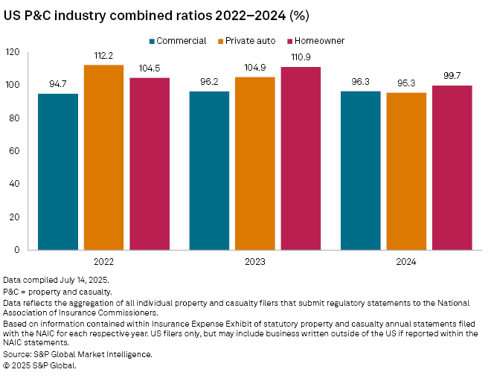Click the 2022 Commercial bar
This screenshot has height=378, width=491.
click(57, 171)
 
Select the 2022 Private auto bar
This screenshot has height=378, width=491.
click(103, 157)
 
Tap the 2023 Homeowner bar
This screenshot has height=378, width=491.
click(301, 158)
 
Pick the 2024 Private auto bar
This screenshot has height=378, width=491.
click(406, 171)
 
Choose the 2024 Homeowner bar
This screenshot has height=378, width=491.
click(452, 167)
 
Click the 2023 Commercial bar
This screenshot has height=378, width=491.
click(209, 170)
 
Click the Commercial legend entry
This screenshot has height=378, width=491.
click(178, 40)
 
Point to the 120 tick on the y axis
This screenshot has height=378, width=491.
click(13, 52)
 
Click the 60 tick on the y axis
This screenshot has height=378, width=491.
click(15, 151)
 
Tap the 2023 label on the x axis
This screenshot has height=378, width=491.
click(254, 263)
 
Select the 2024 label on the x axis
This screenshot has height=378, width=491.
click(406, 263)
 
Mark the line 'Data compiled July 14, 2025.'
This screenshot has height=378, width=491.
click(56, 280)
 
